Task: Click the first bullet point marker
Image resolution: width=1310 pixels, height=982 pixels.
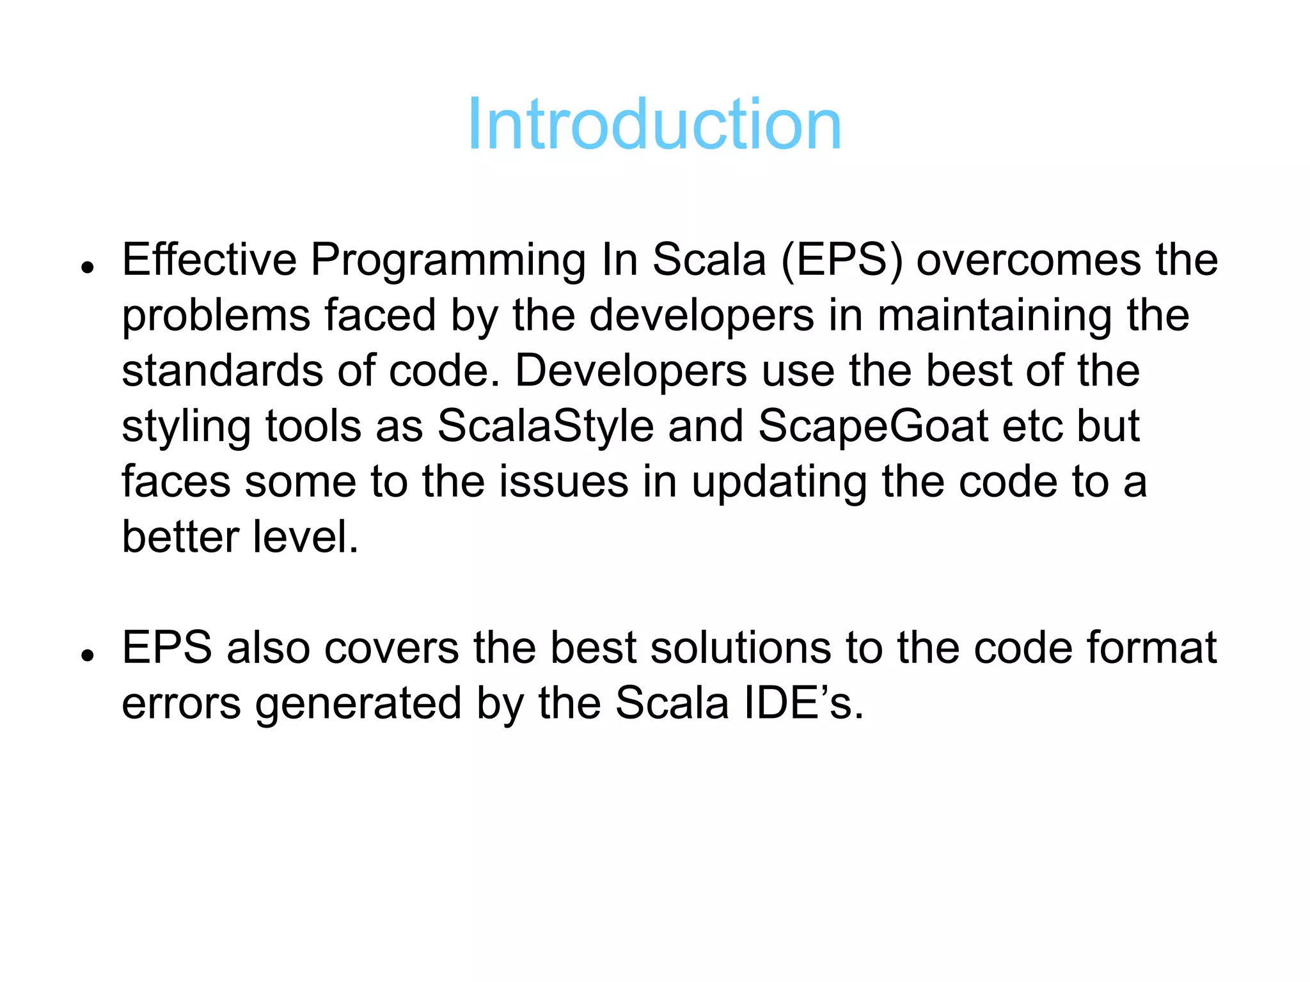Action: click(88, 267)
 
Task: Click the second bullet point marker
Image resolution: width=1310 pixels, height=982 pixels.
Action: click(88, 655)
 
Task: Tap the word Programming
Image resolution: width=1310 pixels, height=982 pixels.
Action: click(448, 261)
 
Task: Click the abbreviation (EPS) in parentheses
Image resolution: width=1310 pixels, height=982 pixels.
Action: click(842, 261)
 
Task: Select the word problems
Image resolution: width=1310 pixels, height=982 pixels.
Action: click(216, 316)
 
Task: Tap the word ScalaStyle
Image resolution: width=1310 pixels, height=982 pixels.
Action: click(545, 426)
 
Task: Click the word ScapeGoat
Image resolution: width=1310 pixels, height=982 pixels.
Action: click(873, 426)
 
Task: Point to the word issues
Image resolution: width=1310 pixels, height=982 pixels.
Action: click(564, 481)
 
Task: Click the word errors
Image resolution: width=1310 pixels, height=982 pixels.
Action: click(181, 703)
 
